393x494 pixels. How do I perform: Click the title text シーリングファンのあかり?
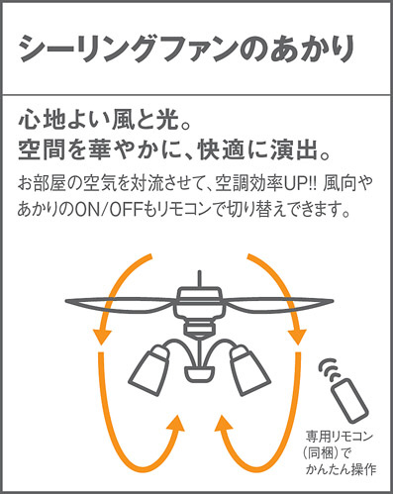point(187,49)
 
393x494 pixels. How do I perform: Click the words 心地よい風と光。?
point(105,121)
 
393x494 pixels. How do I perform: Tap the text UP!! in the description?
point(300,183)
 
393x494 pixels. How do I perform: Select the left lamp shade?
point(148,370)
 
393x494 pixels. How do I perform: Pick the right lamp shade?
point(248,370)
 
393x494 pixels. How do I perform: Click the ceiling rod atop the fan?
point(199,278)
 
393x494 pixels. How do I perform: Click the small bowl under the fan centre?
point(199,374)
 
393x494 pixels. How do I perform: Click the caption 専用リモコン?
point(339,437)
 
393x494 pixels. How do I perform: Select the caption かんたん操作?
point(342,469)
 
